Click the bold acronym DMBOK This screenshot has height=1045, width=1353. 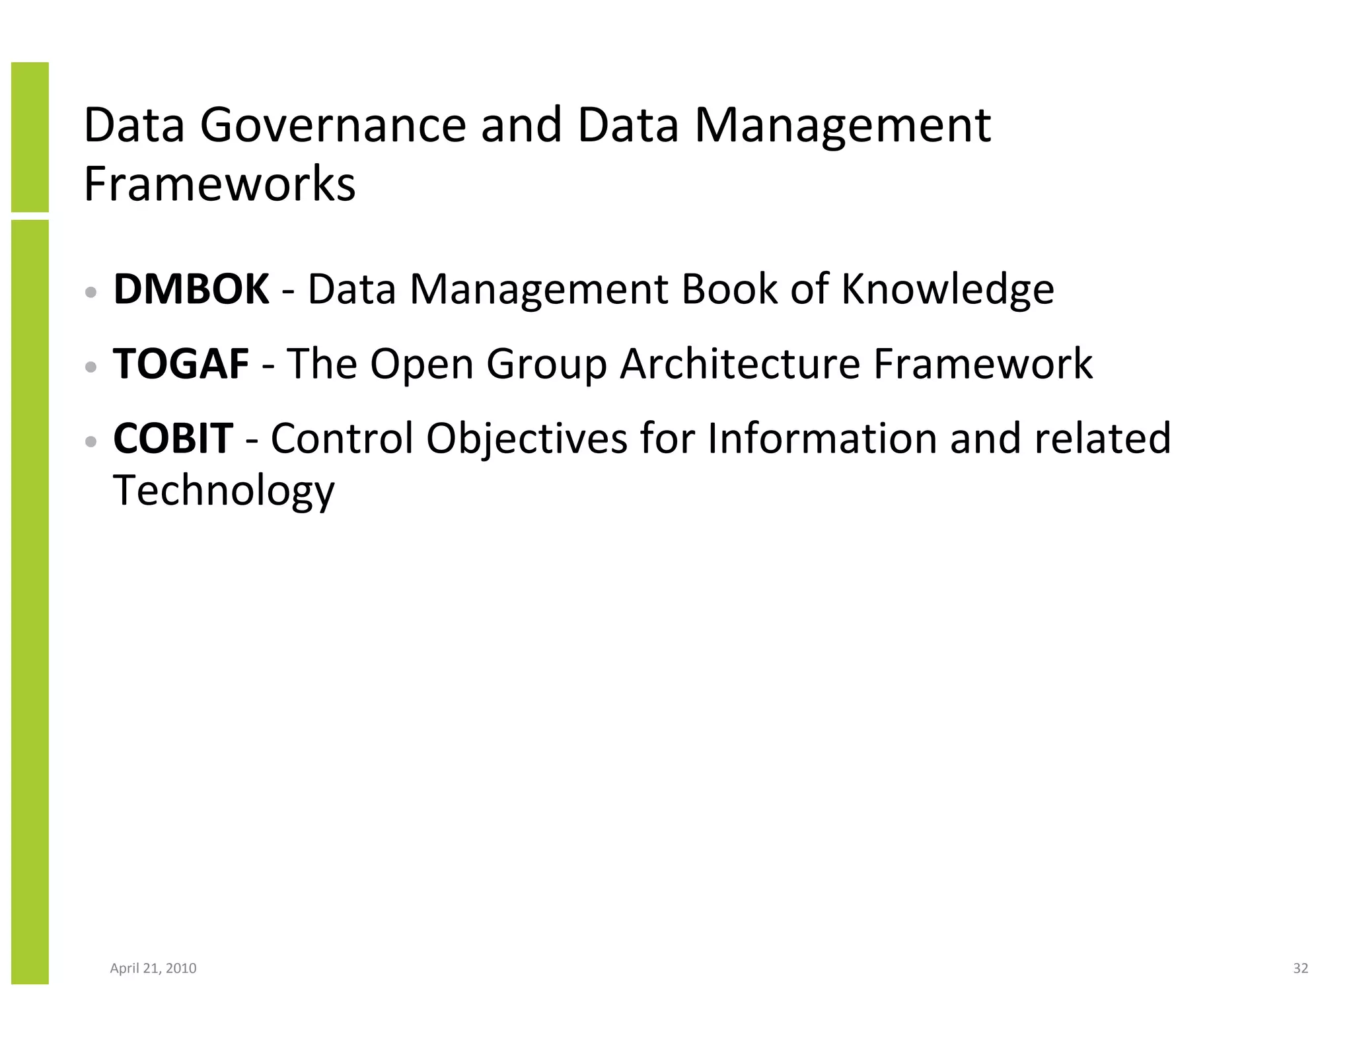(191, 289)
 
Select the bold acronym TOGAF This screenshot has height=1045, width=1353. (181, 364)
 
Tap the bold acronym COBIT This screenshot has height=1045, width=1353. (173, 438)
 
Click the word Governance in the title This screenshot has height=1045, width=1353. (334, 126)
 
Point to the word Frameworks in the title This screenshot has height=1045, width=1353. (220, 184)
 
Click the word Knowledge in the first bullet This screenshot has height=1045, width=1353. (947, 291)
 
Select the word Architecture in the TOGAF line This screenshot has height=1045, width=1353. (740, 365)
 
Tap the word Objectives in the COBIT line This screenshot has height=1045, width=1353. (527, 439)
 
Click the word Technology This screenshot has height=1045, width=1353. (224, 491)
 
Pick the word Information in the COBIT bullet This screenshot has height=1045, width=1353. (822, 438)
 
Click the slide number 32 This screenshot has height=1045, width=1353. (1300, 968)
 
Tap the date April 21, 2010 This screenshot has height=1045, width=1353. (153, 968)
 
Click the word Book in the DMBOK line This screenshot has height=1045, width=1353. (729, 289)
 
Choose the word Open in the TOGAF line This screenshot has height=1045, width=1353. (421, 365)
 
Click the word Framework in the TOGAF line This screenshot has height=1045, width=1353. (983, 364)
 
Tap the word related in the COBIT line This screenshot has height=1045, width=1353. (1102, 438)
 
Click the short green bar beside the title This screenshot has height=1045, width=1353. (30, 137)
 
